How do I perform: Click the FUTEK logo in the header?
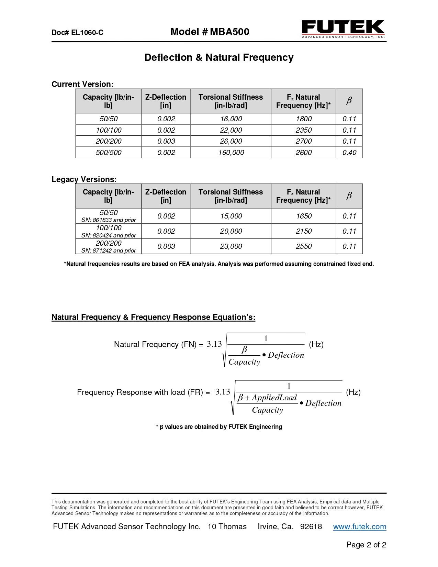click(343, 29)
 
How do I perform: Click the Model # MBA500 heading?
click(210, 32)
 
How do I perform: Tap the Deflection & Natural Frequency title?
click(219, 57)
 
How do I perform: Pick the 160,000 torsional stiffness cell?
click(231, 153)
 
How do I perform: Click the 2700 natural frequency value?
click(304, 141)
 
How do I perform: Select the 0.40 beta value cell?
click(349, 153)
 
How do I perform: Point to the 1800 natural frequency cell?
click(304, 119)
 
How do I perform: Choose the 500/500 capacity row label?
click(108, 153)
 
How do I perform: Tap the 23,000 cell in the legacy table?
click(231, 246)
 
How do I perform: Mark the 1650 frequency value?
click(304, 216)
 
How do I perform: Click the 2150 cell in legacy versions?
click(304, 231)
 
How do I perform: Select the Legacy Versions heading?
click(84, 179)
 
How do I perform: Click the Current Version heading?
click(82, 84)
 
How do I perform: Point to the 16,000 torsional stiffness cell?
click(231, 119)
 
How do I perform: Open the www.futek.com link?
click(360, 527)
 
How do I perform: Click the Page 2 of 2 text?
click(366, 545)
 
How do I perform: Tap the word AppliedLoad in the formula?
click(274, 398)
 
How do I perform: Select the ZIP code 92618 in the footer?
click(311, 527)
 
